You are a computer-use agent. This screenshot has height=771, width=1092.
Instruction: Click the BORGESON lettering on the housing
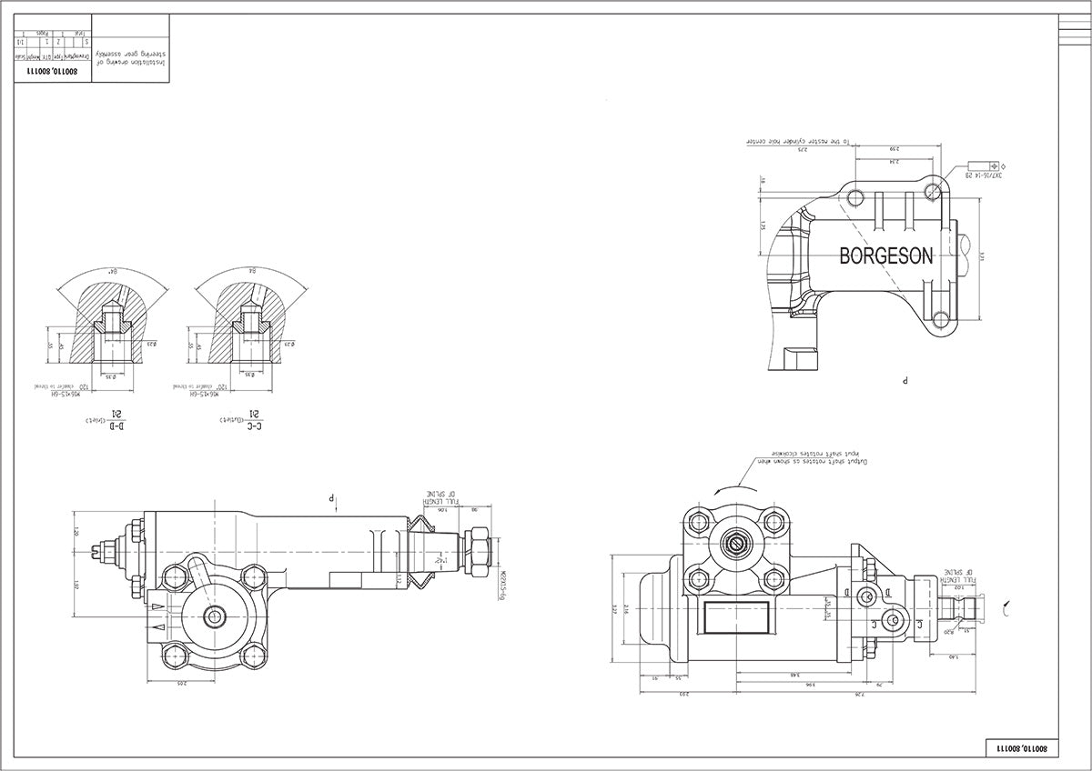click(885, 256)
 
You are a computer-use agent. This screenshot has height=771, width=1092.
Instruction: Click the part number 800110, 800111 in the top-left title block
click(56, 70)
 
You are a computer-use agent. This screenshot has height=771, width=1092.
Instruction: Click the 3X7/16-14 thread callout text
click(983, 175)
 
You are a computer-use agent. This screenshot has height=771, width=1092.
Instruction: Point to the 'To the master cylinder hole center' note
click(798, 142)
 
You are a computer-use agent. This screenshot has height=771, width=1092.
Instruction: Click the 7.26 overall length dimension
click(858, 695)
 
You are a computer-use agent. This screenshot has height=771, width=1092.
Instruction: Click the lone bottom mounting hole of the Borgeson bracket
click(939, 319)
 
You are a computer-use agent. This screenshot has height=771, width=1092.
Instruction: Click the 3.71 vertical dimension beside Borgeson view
click(982, 256)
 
